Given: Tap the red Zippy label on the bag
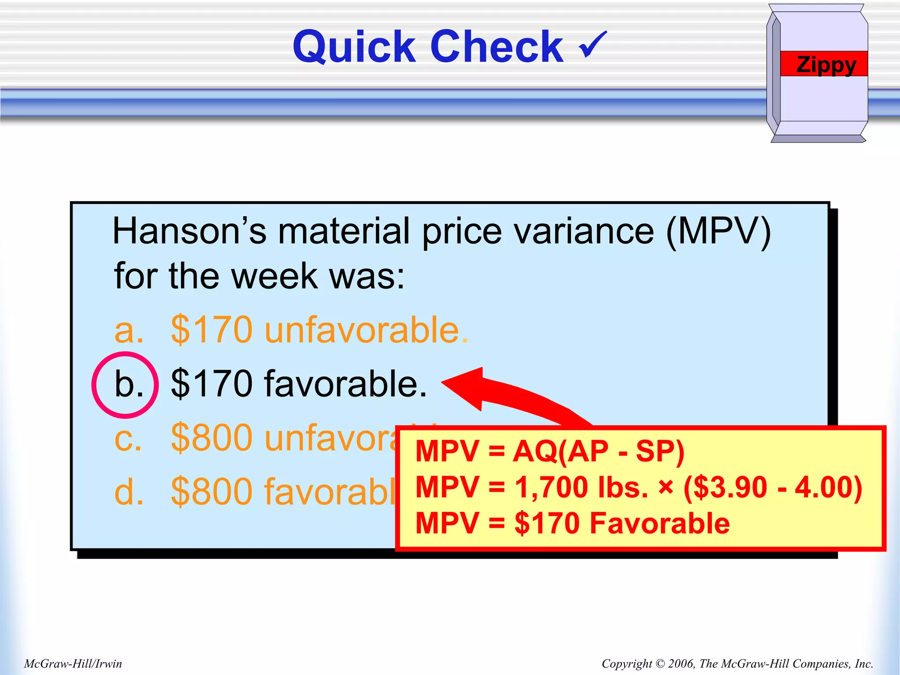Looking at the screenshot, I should point(826,64).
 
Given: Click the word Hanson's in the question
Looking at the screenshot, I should point(189,231).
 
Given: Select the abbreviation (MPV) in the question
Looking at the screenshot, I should point(718,231).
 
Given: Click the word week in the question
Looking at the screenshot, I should point(274,276).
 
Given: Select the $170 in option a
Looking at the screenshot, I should point(211,330).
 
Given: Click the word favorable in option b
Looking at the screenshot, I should point(345,384).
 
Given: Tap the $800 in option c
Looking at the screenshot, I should point(211,438).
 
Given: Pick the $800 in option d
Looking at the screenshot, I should point(211,492).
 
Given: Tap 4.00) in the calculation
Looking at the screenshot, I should point(829,487).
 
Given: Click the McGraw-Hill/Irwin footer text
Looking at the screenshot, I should point(73,664).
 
